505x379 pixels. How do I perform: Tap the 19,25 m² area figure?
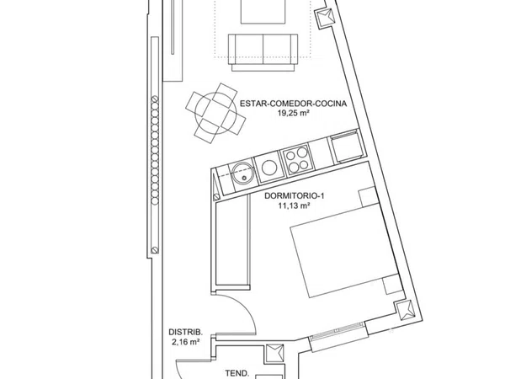point(294,113)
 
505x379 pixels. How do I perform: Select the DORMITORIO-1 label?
point(295,196)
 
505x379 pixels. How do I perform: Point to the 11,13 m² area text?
point(295,206)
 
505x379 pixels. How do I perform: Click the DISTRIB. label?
point(186,333)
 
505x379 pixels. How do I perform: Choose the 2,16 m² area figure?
point(185,342)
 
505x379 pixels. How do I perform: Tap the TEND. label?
point(237,374)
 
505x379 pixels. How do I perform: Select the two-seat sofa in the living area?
point(263,52)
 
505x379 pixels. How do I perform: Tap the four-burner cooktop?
point(297,160)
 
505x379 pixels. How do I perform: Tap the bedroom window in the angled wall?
point(338,336)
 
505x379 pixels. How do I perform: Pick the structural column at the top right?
point(324,18)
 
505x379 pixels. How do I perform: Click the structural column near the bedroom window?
point(405,311)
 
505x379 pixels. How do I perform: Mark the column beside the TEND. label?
point(275,355)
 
